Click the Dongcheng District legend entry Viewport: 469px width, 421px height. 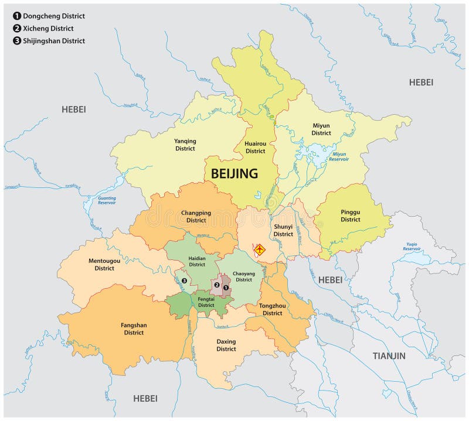pos(50,16)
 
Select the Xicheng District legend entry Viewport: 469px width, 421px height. pos(46,28)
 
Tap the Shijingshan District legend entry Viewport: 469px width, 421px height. pos(50,40)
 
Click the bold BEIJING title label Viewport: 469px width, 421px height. pos(234,173)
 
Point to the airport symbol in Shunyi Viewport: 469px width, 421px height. pos(259,249)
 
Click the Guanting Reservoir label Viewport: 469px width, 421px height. pos(107,201)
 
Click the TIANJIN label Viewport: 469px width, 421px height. pos(389,355)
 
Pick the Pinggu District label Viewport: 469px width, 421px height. pos(350,216)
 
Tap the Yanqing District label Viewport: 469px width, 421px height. pos(185,145)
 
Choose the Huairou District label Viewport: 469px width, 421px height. pos(255,148)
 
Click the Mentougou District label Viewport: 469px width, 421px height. pos(104,265)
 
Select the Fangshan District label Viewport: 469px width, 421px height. pos(134,329)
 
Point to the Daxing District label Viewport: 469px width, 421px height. pos(226,345)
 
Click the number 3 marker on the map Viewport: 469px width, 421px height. pos(184,280)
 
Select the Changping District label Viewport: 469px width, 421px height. pos(193,217)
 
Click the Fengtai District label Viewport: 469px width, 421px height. pos(206,302)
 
